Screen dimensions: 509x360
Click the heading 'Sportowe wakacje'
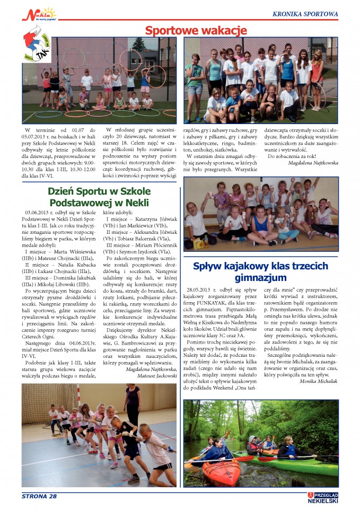(x=196, y=30)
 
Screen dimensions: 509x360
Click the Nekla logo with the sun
(x=38, y=13)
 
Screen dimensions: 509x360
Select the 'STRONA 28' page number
(x=39, y=496)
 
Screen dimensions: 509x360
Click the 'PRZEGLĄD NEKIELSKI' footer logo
(x=323, y=497)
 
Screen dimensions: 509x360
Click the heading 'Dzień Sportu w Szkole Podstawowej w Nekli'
(x=99, y=197)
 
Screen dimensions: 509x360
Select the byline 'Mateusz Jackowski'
(x=155, y=375)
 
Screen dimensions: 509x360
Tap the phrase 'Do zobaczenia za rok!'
(x=292, y=156)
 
